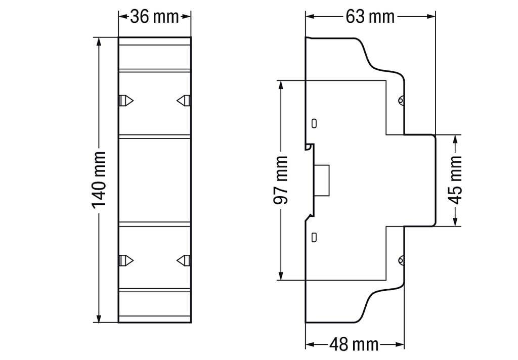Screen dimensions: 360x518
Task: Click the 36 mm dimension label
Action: tap(154, 17)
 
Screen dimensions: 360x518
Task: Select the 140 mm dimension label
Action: tap(99, 179)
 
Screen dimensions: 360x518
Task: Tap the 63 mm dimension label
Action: tap(370, 17)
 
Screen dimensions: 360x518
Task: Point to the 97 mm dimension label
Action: tap(281, 179)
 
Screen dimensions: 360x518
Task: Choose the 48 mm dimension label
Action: tap(354, 345)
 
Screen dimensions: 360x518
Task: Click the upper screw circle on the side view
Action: tap(401, 100)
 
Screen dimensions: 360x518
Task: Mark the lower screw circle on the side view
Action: tap(401, 260)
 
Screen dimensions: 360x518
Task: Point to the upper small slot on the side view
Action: tap(314, 123)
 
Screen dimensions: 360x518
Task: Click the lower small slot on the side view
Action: tap(314, 236)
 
